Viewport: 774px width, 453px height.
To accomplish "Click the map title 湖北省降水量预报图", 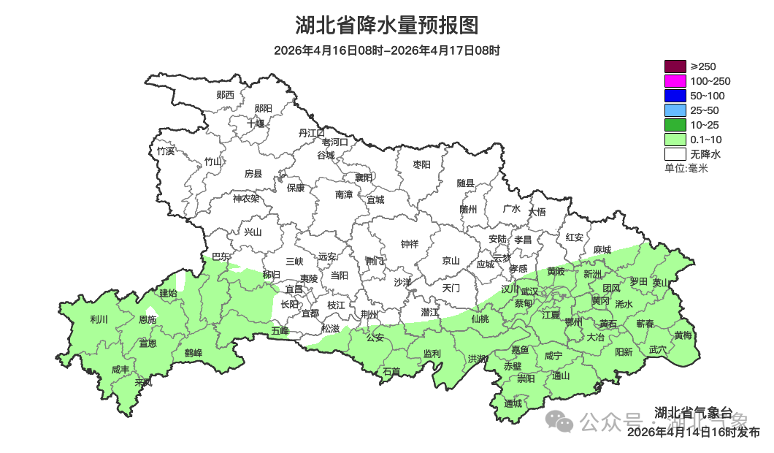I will (387, 26).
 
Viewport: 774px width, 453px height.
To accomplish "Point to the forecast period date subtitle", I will (387, 50).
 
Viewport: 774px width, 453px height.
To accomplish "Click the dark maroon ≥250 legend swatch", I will (675, 66).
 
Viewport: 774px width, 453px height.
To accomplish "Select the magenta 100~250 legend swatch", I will (675, 81).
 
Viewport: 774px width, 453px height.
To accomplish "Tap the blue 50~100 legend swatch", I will (675, 96).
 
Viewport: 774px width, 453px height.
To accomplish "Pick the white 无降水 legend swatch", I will (675, 154).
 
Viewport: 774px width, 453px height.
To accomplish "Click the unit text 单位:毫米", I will (686, 168).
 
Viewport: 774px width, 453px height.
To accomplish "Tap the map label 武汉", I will (529, 291).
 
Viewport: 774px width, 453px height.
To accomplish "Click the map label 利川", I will (99, 319).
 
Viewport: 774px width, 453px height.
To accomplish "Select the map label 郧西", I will (226, 94).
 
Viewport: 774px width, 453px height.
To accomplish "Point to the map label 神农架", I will (246, 198).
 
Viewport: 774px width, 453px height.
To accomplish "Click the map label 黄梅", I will (683, 335).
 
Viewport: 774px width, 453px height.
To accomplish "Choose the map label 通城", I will (513, 403).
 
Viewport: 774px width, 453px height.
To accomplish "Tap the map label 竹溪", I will (166, 151).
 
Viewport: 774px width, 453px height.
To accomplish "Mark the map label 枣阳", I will (422, 164).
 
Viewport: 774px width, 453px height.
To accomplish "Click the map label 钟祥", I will (410, 244).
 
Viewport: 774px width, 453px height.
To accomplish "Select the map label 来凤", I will (144, 382).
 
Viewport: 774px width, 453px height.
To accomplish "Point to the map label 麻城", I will (602, 250).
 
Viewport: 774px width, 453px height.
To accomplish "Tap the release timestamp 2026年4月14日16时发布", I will (693, 433).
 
